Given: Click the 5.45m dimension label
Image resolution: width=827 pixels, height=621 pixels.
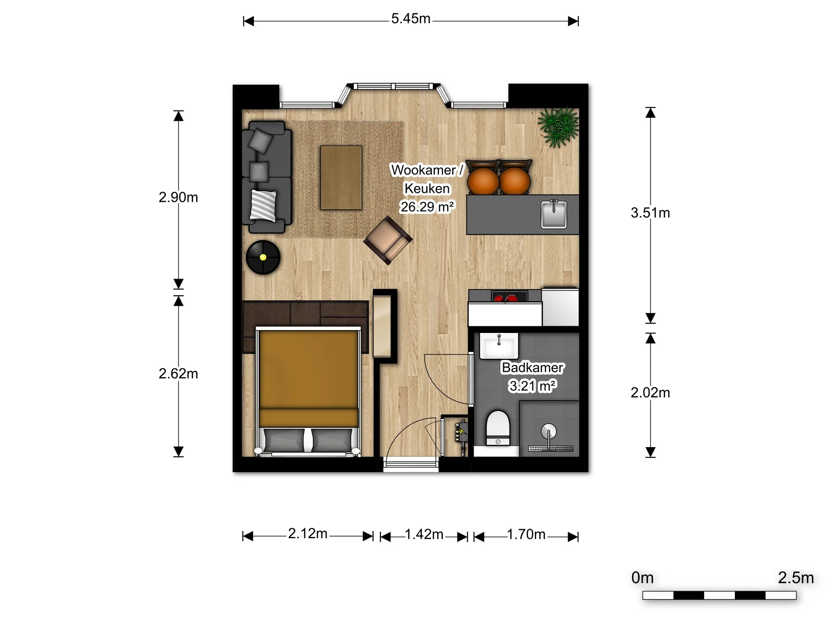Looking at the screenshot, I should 410,19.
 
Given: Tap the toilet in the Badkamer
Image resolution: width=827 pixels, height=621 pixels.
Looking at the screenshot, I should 498,427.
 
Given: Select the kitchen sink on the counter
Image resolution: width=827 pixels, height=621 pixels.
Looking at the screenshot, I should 554,213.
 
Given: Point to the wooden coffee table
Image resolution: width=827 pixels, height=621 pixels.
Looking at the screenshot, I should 341,178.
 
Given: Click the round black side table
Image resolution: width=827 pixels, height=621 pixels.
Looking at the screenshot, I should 263,257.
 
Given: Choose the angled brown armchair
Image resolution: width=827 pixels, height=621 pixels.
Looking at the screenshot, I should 388,240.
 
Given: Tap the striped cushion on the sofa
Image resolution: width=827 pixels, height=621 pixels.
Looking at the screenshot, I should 263,205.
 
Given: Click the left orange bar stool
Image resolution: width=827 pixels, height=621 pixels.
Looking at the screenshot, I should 483,180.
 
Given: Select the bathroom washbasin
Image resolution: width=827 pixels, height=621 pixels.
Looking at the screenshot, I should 499,346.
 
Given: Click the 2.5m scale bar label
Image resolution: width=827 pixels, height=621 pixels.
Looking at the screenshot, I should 796,578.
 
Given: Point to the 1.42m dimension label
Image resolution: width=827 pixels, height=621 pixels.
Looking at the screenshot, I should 424,535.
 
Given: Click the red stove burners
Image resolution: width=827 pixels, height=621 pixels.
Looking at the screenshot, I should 505,298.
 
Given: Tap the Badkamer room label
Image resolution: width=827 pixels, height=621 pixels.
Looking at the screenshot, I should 532,368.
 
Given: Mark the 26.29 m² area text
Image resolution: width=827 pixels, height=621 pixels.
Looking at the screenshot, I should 427,207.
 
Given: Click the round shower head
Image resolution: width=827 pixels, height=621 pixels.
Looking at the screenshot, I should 548,431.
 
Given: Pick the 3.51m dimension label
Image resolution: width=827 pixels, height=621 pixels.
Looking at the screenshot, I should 650,213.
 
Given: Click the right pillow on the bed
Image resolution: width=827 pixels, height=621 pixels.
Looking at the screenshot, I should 331,440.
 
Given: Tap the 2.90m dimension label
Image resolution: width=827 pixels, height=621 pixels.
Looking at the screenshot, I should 178,198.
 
